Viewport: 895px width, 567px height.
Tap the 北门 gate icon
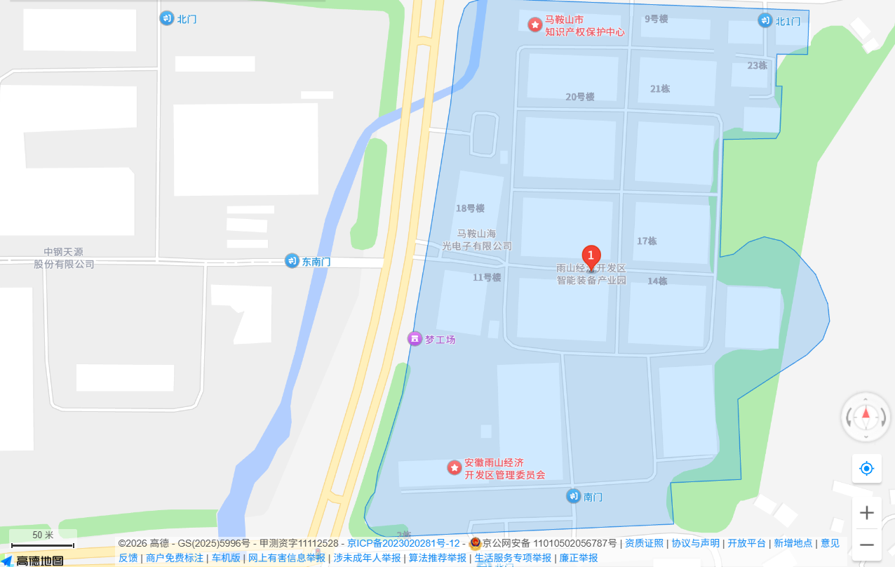pyautogui.click(x=167, y=18)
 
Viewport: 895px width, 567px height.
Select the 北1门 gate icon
pyautogui.click(x=765, y=20)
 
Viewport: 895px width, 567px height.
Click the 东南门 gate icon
pyautogui.click(x=292, y=261)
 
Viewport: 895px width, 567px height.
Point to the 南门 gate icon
pyautogui.click(x=574, y=496)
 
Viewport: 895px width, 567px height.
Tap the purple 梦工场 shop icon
pyautogui.click(x=415, y=339)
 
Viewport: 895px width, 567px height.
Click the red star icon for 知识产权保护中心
pyautogui.click(x=535, y=25)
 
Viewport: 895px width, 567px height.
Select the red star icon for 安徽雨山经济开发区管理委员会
pyautogui.click(x=455, y=467)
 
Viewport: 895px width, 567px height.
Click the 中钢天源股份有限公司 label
pyautogui.click(x=64, y=258)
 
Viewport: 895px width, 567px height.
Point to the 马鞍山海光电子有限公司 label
pyautogui.click(x=477, y=239)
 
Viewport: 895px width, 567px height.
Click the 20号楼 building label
pyautogui.click(x=580, y=97)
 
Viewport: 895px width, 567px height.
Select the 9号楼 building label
pyautogui.click(x=657, y=19)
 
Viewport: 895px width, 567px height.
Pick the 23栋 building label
pyautogui.click(x=758, y=65)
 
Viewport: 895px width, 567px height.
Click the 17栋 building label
pyautogui.click(x=647, y=241)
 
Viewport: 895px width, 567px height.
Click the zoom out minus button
pyautogui.click(x=866, y=545)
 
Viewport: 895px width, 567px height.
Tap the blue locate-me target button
pyautogui.click(x=866, y=468)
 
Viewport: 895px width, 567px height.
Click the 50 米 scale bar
pyautogui.click(x=43, y=540)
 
